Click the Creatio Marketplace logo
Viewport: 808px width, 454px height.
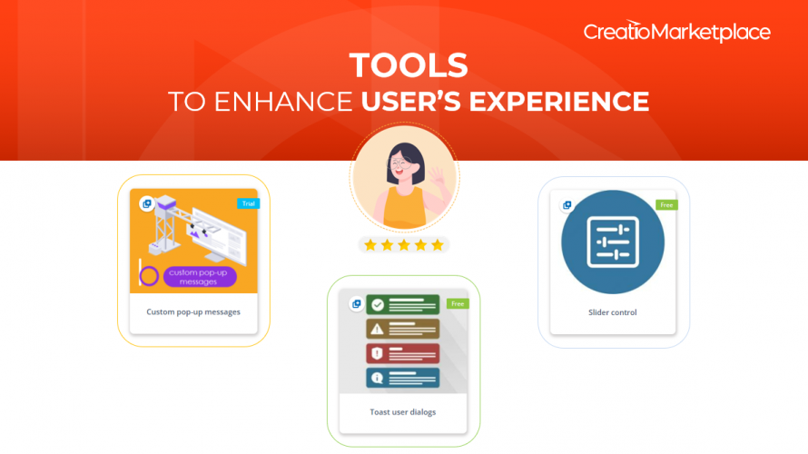point(676,32)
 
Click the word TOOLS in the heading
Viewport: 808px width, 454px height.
point(409,65)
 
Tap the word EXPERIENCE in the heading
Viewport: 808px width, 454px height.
point(558,101)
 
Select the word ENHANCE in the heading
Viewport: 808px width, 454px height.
point(283,101)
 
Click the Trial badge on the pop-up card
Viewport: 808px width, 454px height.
point(249,203)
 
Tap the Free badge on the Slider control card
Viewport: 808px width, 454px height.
point(666,205)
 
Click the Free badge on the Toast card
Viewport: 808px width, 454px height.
point(458,304)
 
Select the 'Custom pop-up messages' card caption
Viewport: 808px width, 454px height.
point(193,312)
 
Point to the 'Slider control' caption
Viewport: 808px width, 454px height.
point(612,312)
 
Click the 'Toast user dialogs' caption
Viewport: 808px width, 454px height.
point(402,412)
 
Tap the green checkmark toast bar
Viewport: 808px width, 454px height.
point(403,304)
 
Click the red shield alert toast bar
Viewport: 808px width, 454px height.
point(403,353)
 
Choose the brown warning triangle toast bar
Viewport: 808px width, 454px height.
point(403,329)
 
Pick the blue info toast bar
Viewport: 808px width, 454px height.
point(403,378)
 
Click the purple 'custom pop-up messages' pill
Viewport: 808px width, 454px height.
point(200,277)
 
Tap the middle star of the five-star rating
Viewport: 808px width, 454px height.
point(404,245)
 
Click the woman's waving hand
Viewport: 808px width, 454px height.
point(436,178)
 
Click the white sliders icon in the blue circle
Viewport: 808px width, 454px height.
point(613,242)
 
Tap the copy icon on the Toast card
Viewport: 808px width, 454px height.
point(356,304)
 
